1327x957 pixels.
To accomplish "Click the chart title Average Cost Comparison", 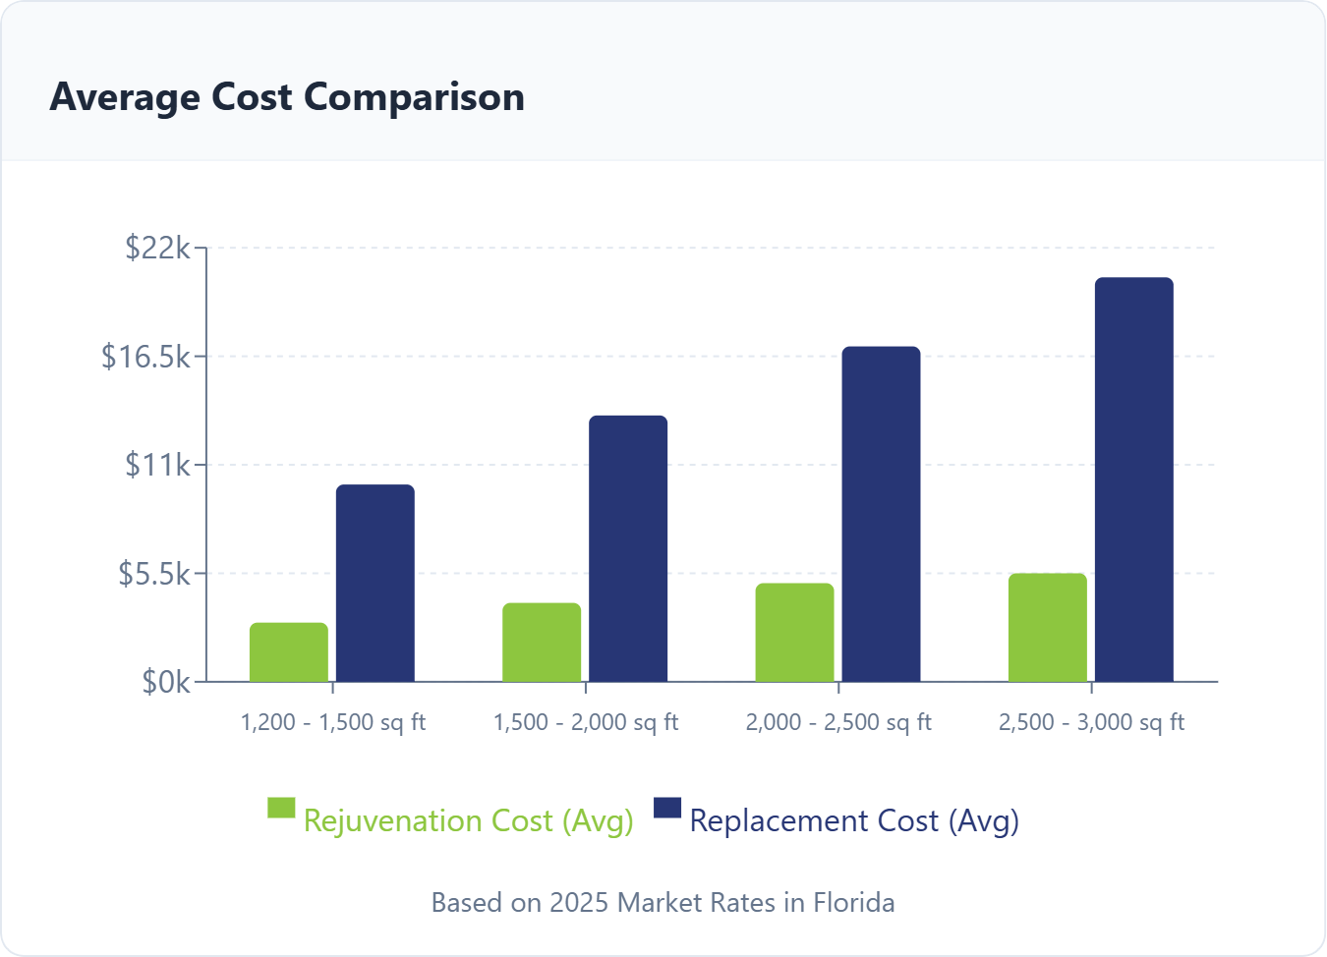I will coord(287,97).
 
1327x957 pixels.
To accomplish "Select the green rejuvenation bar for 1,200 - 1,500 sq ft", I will coord(289,652).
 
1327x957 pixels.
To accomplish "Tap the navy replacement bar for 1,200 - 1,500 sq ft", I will coord(375,584).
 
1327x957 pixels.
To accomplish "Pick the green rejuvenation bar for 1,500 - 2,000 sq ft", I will coord(542,643).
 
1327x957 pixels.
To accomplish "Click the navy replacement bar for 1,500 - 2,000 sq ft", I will coord(628,549).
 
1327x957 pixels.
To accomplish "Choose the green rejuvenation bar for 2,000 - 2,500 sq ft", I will coord(794,633).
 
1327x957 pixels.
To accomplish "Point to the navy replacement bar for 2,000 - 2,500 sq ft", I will coord(881,515).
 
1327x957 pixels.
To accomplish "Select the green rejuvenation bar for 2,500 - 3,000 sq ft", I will coord(1048,628).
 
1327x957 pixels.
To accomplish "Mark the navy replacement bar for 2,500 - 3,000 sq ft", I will coord(1134,480).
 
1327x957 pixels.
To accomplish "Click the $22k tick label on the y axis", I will coord(157,248).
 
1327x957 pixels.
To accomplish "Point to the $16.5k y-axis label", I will coord(146,356).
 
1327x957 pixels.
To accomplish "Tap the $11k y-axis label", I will coord(157,464).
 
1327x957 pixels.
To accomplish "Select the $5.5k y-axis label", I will coord(154,573).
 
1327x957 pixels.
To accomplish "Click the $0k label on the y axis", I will coord(166,681).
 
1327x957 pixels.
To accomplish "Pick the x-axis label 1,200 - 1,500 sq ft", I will coord(333,722).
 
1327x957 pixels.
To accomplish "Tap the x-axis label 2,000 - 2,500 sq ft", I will coord(838,722).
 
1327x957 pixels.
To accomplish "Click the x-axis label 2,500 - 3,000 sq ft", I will coord(1091,722).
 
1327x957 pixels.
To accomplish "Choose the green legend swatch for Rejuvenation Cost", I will coord(281,808).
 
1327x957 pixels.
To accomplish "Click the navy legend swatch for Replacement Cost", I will coord(667,808).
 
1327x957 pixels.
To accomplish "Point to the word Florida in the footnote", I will coord(853,902).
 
